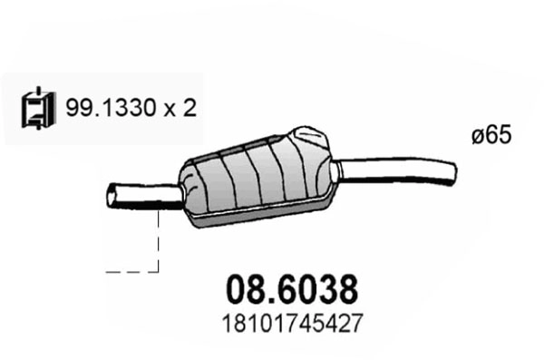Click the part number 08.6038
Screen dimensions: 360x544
coord(290,290)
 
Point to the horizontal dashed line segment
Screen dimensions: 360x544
coord(131,269)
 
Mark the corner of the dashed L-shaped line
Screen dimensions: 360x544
coord(159,269)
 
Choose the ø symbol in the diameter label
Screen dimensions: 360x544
coord(479,136)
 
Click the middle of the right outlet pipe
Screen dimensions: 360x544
coord(399,168)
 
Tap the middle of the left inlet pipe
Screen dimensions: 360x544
coord(145,195)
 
